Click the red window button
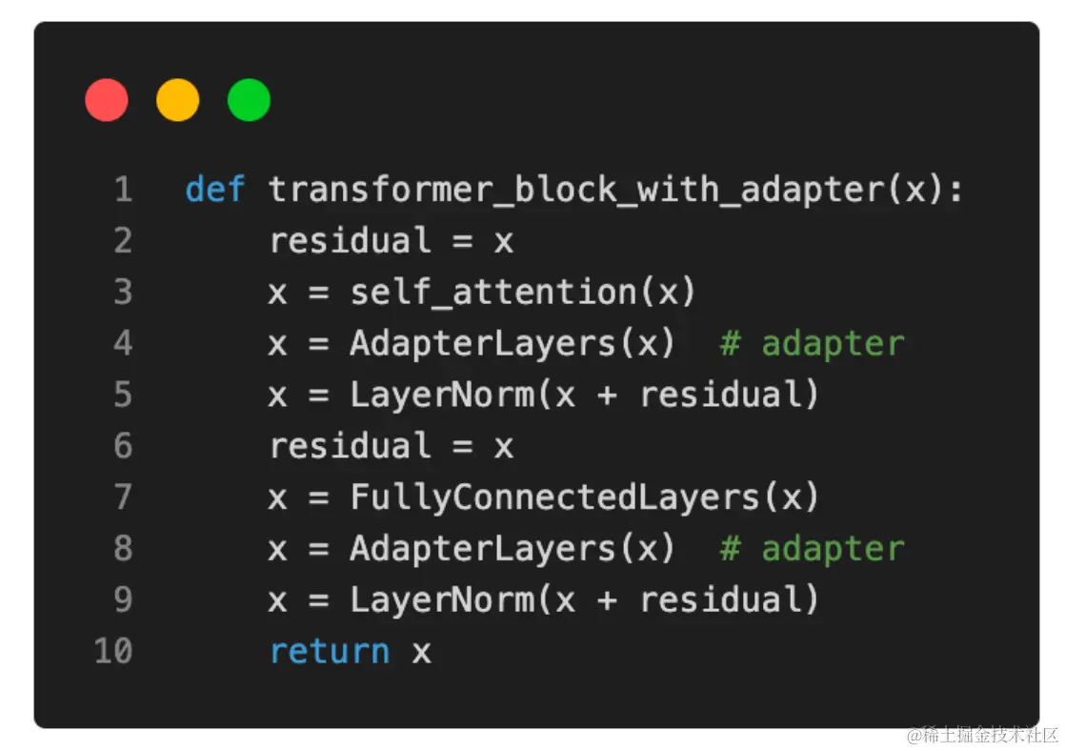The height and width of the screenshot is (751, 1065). point(107,101)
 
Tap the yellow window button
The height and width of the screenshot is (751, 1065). point(178,101)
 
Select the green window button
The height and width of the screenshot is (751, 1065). point(249,101)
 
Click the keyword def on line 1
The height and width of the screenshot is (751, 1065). point(215,190)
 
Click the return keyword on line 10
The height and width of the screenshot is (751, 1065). point(329,652)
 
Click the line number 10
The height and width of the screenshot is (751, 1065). point(112,652)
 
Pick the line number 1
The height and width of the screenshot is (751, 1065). point(123,190)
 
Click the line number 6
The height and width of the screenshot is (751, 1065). point(123,446)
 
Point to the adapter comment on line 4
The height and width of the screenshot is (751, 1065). point(812,343)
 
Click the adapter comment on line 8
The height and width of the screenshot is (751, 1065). point(812,549)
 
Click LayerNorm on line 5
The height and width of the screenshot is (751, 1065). point(442,395)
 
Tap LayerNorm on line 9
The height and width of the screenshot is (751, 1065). point(442,600)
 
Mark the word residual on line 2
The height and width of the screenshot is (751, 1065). point(350,241)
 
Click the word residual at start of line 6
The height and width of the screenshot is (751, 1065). point(350,446)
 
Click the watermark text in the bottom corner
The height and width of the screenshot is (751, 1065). point(982,735)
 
